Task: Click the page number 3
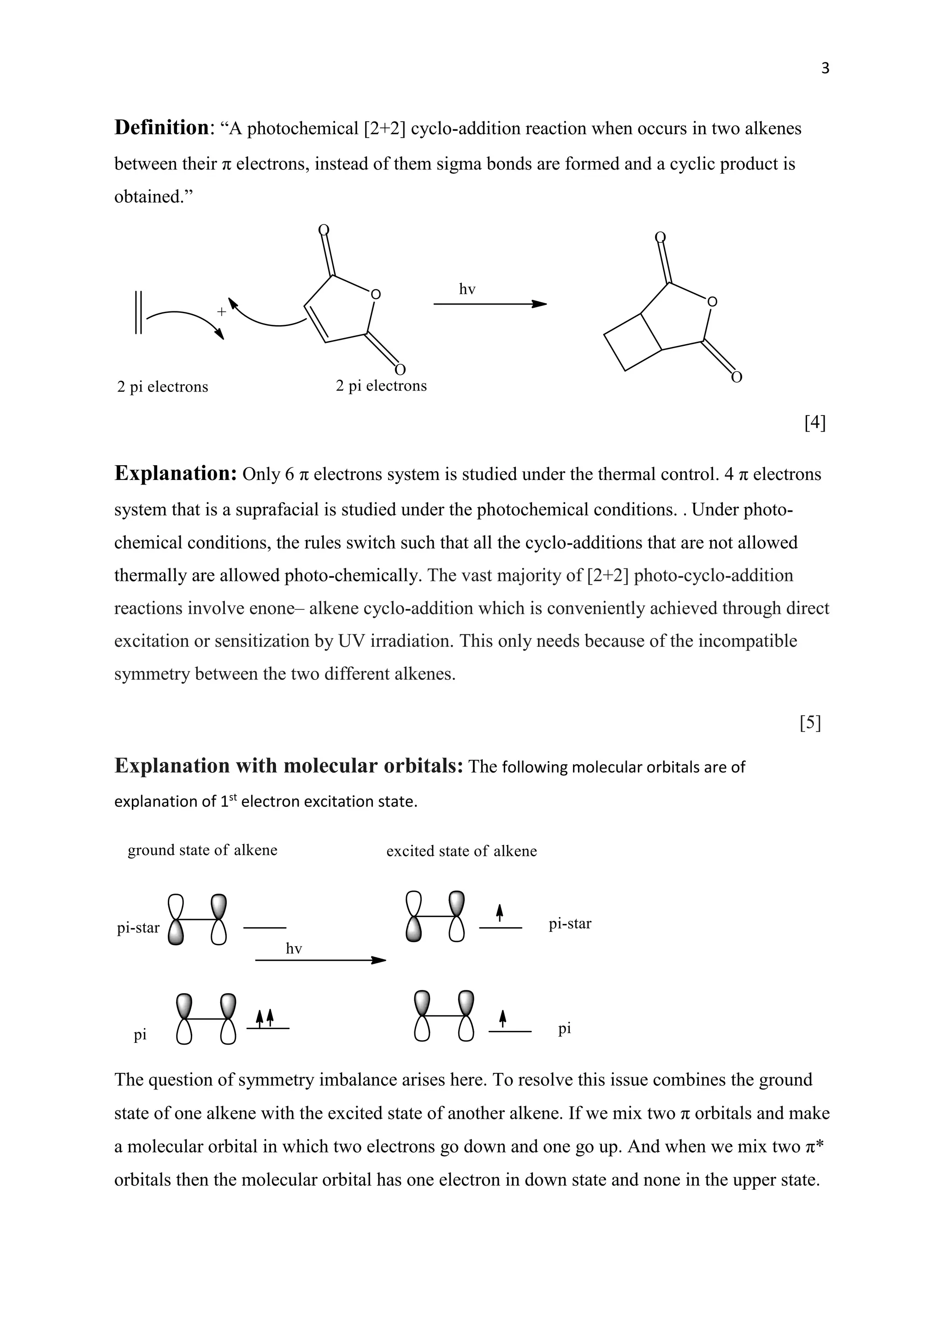(825, 69)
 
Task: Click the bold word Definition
(161, 128)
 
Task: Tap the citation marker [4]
(815, 422)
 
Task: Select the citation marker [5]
(810, 723)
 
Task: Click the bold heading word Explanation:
(175, 474)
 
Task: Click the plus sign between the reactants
(221, 312)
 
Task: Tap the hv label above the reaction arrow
(467, 289)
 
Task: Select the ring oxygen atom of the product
(712, 302)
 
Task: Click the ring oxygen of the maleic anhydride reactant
(376, 294)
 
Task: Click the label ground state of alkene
(202, 850)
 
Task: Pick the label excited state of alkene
(461, 851)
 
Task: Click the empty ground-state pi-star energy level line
(265, 928)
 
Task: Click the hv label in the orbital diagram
(294, 949)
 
